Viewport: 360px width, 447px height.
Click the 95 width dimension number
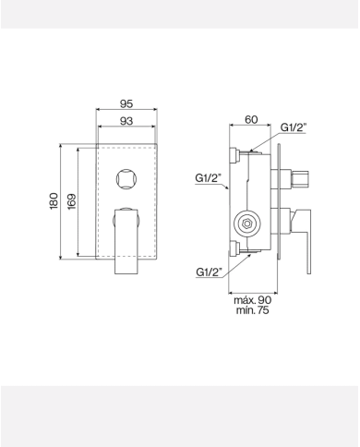(129, 104)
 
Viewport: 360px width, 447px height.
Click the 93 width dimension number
(129, 122)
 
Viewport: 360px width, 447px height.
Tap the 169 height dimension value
(71, 200)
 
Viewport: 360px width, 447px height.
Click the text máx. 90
(251, 300)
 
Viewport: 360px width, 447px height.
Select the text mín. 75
(251, 311)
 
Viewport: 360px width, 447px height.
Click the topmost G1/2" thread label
(295, 127)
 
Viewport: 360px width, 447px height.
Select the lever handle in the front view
(126, 240)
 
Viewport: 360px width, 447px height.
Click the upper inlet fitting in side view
(237, 151)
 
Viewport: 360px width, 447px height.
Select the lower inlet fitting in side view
(237, 248)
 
